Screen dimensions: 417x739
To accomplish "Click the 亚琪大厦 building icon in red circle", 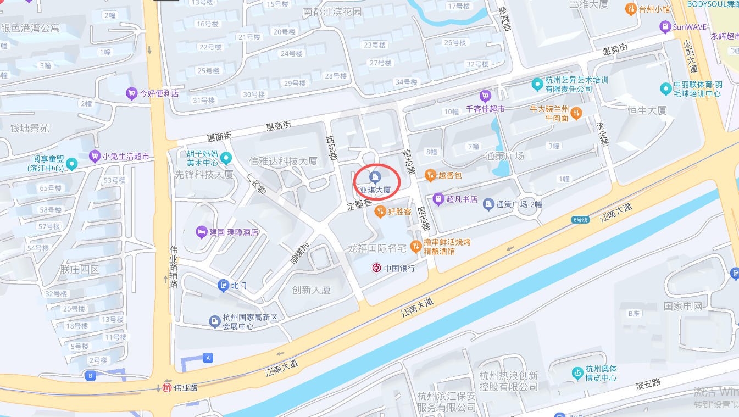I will [375, 176].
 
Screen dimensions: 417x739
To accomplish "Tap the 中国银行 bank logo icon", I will [376, 268].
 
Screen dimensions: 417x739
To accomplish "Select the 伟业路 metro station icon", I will [167, 387].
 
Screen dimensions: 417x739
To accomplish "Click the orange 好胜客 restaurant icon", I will [380, 211].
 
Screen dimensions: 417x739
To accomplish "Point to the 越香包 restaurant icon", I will [430, 175].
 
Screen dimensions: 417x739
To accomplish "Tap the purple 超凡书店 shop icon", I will [438, 199].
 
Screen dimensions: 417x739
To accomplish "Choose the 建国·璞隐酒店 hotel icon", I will [201, 232].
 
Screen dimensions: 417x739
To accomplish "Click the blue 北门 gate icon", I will [223, 285].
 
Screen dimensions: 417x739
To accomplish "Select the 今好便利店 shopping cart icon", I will [131, 93].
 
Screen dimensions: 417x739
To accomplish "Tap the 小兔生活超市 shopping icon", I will [95, 156].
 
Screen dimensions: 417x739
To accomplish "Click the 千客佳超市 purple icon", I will [485, 96].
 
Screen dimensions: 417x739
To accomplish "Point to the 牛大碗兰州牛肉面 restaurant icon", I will [576, 113].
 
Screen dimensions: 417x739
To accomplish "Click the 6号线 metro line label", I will [580, 219].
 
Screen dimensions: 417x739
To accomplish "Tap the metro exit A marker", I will [208, 358].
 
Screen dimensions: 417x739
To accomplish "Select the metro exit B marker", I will [91, 376].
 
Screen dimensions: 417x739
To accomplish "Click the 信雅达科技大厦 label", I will [284, 161].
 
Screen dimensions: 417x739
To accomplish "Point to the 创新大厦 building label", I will [311, 290].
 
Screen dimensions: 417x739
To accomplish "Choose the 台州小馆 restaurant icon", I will [631, 9].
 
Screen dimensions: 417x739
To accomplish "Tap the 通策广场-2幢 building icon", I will [488, 204].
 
